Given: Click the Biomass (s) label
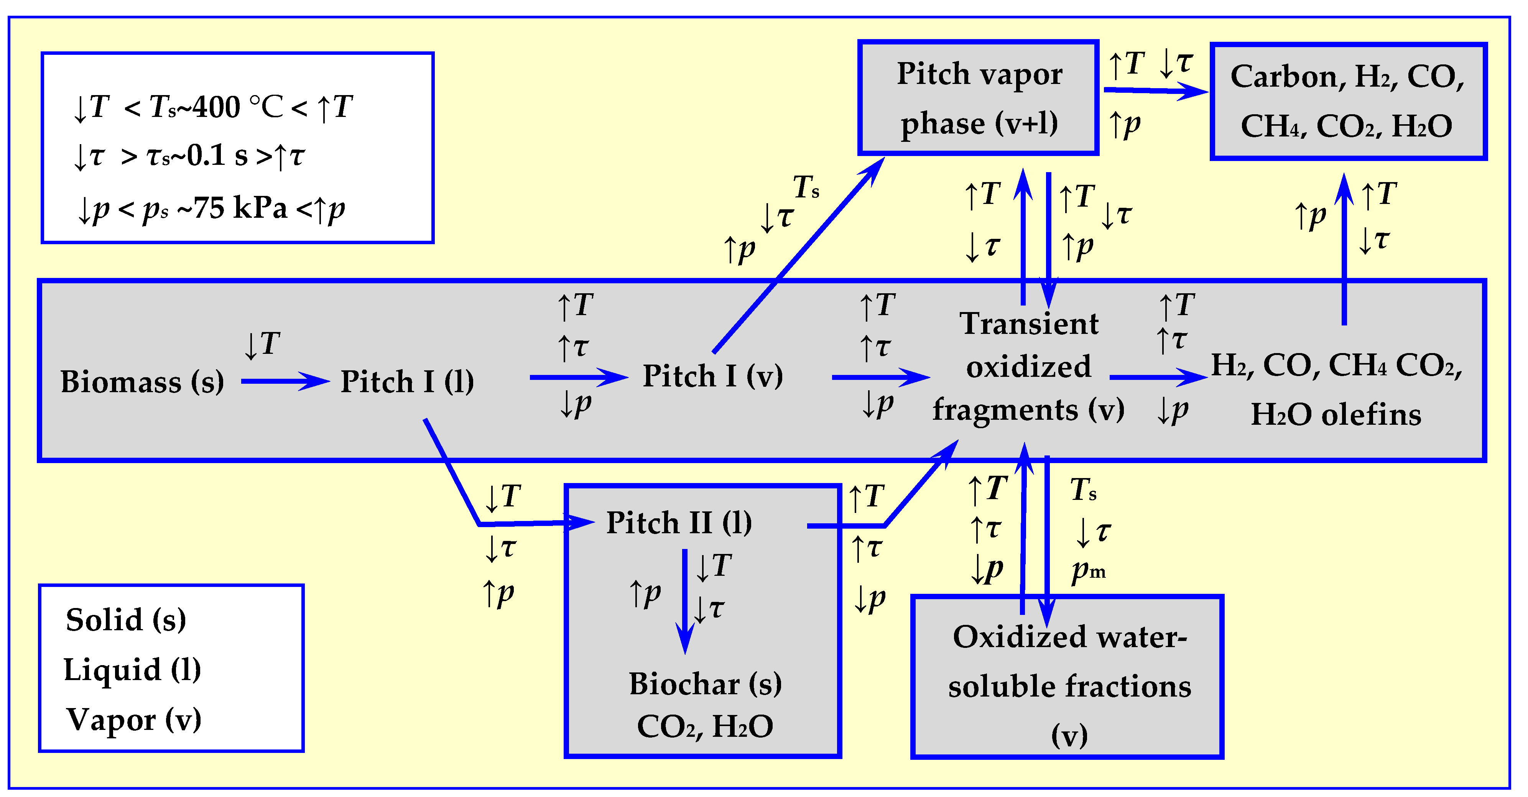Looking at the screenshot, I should (x=142, y=382).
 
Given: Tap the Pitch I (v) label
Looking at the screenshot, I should (x=712, y=376).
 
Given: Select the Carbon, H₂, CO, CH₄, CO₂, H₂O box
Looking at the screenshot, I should (x=1348, y=101).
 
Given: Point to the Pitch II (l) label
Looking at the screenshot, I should (x=679, y=523).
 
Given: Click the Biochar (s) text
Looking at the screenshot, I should (x=705, y=684).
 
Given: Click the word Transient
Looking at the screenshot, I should (x=1029, y=324).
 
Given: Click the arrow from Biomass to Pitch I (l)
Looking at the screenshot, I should (x=285, y=381).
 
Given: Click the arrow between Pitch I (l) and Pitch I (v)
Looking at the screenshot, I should (x=578, y=377).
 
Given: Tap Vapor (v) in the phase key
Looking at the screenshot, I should (x=133, y=720).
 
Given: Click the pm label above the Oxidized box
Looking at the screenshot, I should (x=1087, y=570).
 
